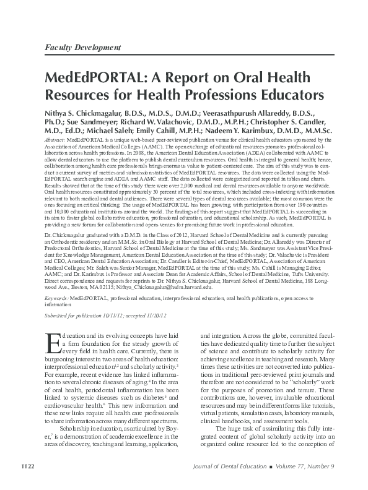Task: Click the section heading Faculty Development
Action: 82,47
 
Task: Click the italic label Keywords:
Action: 57,298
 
